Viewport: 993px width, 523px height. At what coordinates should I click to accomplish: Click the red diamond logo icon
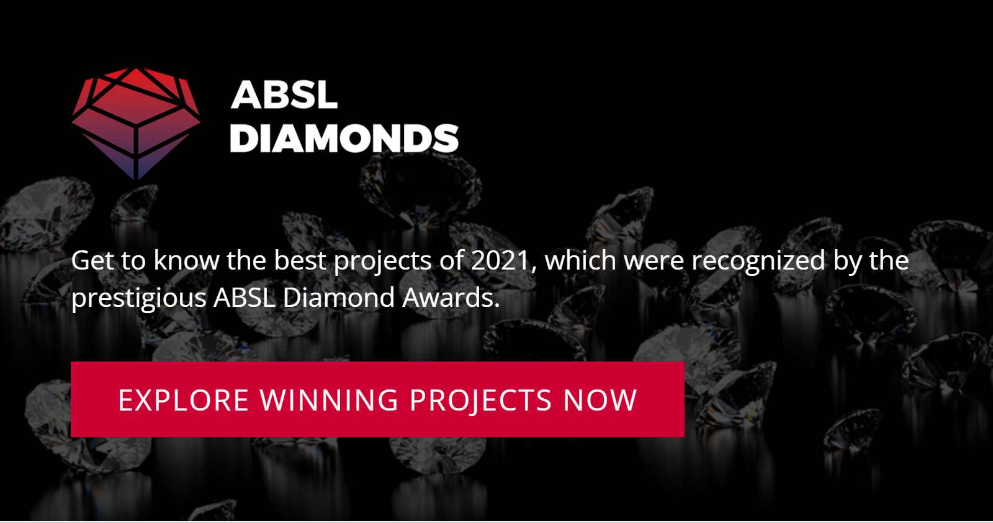[136, 124]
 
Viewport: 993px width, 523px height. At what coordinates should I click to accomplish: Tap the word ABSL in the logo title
[284, 94]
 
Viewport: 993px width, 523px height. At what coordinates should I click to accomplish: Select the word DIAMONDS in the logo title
[344, 139]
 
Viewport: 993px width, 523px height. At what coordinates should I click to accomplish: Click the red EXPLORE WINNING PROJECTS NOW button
[377, 399]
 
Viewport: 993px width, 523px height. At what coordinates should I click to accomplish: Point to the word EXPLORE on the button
[183, 400]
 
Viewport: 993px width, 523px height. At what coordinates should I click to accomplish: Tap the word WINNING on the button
[329, 400]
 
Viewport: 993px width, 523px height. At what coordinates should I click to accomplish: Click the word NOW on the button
[600, 400]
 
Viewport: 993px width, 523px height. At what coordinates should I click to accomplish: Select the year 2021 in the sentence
[500, 260]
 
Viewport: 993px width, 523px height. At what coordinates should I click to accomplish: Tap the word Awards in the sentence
[451, 298]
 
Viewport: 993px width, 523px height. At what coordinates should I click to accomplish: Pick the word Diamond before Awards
[339, 297]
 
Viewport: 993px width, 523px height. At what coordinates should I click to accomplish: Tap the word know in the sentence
[186, 260]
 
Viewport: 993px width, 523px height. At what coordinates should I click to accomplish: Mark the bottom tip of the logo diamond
[136, 180]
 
